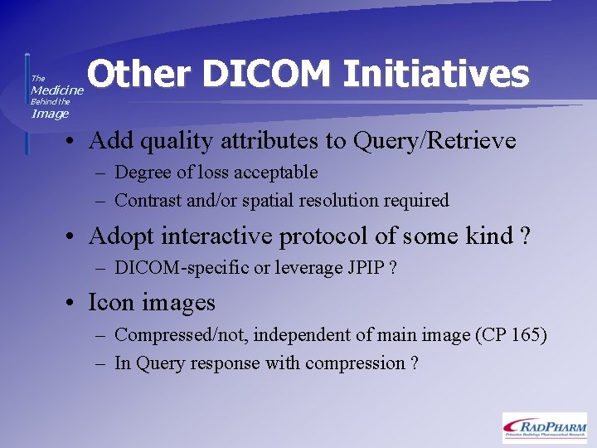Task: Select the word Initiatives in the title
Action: [x=436, y=75]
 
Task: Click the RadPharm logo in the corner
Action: [x=544, y=426]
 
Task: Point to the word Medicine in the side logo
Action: [x=57, y=90]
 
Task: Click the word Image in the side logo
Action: [x=50, y=114]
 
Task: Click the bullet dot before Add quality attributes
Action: [x=73, y=142]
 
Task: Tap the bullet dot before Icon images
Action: [x=73, y=304]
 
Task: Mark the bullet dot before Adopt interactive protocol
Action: [x=73, y=237]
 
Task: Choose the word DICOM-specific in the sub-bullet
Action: [x=169, y=267]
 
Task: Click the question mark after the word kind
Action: [x=524, y=236]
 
